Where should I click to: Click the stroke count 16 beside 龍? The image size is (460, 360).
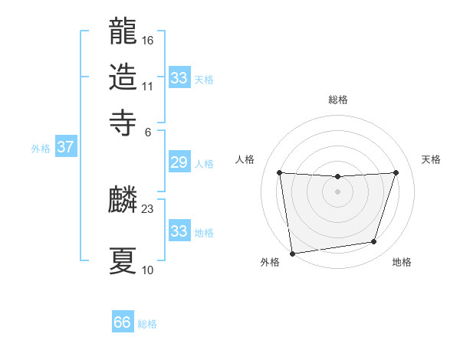(x=148, y=40)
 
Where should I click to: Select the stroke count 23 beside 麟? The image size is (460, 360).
(x=148, y=208)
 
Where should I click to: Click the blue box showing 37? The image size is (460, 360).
(x=65, y=148)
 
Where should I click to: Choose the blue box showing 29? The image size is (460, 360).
(x=179, y=162)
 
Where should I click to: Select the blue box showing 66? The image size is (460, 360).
(x=123, y=322)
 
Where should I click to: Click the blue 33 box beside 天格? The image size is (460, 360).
(x=179, y=78)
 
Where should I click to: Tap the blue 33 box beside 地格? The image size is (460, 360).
(x=179, y=231)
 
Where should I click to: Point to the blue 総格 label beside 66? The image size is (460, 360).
(x=147, y=324)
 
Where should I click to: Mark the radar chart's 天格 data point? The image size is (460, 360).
(x=396, y=172)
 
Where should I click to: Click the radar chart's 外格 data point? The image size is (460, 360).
(x=292, y=253)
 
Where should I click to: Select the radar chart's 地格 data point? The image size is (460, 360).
(x=374, y=242)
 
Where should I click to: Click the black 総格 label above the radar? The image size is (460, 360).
(x=337, y=100)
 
